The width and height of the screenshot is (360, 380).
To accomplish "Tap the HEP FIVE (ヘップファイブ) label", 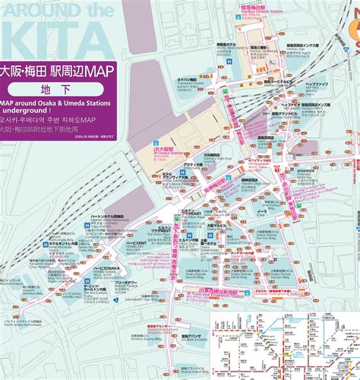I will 316,84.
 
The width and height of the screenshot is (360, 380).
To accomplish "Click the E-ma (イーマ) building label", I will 262,214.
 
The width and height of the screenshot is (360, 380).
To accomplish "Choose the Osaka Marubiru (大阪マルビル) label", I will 218,227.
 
